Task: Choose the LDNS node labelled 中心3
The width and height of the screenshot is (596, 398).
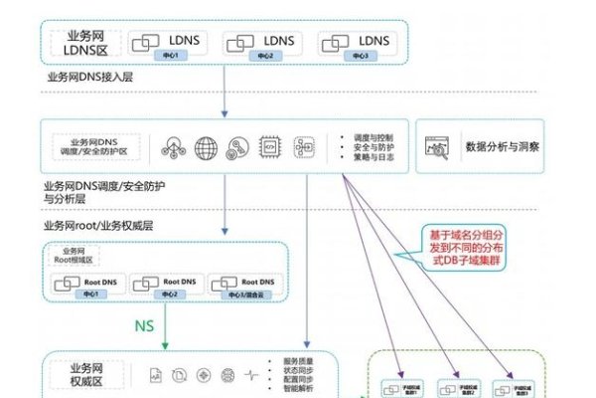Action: pyautogui.click(x=354, y=44)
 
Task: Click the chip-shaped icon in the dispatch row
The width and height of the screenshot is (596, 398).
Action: pyautogui.click(x=267, y=146)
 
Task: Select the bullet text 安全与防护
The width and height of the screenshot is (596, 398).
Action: pyautogui.click(x=369, y=147)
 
